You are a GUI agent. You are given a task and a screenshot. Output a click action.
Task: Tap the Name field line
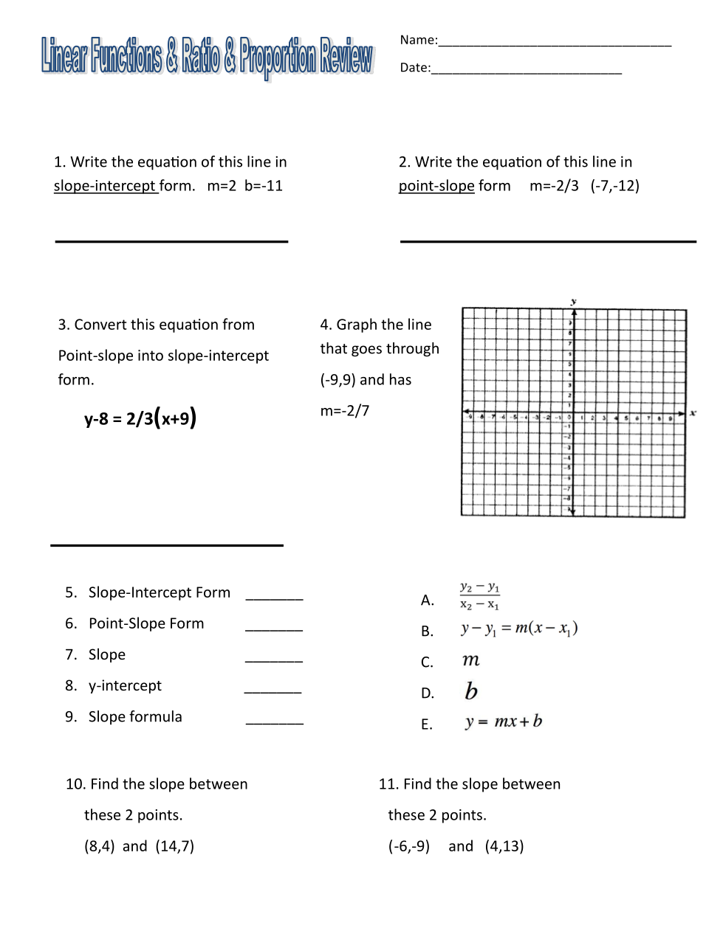[x=554, y=44]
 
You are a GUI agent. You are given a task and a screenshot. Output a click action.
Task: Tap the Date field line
[x=526, y=72]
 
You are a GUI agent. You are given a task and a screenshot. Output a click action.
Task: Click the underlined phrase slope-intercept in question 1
[x=105, y=186]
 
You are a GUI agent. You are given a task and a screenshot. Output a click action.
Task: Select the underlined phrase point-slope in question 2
[x=436, y=186]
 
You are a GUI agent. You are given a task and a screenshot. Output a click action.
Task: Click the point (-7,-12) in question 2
[x=614, y=186]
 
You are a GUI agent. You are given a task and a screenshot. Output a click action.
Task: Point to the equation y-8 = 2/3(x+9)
[x=140, y=419]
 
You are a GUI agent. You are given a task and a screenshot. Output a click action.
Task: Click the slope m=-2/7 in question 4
[x=344, y=411]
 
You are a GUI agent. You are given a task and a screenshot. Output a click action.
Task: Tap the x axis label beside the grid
[x=693, y=413]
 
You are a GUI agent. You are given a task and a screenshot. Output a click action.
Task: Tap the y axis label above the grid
[x=574, y=302]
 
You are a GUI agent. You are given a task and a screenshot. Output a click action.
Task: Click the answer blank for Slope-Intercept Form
[x=274, y=598]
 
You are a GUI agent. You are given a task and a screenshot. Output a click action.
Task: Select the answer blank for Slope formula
[x=274, y=722]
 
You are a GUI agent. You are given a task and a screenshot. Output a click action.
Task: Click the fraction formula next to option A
[x=479, y=596]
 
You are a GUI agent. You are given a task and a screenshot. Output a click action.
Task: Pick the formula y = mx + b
[x=503, y=722]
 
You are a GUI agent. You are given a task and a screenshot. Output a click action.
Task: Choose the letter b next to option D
[x=471, y=691]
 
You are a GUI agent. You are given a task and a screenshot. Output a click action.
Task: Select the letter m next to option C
[x=471, y=660]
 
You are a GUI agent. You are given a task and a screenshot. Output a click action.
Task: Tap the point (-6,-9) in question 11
[x=409, y=846]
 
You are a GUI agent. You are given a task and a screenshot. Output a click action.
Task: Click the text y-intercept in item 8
[x=125, y=686]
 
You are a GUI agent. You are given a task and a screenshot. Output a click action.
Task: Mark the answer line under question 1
[x=171, y=241]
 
